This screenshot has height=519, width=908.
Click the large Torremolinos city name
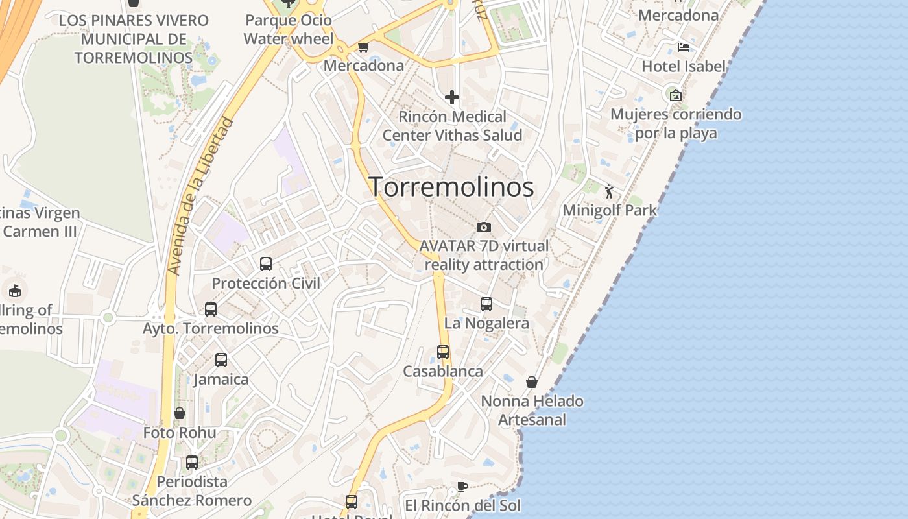click(451, 187)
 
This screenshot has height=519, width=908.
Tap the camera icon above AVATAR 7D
click(483, 227)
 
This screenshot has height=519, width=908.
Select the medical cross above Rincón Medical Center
click(452, 98)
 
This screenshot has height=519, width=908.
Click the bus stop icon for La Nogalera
click(486, 304)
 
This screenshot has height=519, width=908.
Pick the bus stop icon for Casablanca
click(443, 352)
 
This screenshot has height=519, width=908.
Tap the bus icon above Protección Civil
click(266, 264)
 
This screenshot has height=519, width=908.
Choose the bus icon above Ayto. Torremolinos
click(211, 309)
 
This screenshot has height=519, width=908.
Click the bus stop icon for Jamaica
click(221, 360)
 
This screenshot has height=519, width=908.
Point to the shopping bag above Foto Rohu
click(180, 413)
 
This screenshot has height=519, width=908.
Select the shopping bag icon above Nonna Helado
click(532, 382)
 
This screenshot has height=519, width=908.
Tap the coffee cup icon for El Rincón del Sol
click(462, 487)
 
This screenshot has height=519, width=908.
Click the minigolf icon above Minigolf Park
click(609, 191)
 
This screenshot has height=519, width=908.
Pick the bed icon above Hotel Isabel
click(683, 47)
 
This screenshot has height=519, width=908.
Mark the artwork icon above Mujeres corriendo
click(676, 95)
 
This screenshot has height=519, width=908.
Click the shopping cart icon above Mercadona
click(363, 47)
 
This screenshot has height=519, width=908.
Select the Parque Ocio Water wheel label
click(289, 30)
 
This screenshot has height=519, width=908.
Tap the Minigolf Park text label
click(610, 210)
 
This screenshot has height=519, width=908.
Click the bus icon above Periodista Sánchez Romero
click(192, 463)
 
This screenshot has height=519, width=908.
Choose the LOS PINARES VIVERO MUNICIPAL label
click(134, 39)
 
